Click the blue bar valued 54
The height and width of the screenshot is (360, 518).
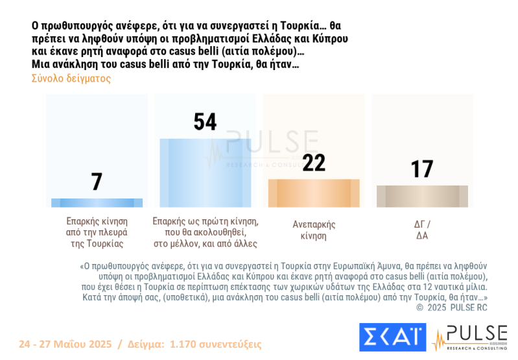pyautogui.click(x=205, y=173)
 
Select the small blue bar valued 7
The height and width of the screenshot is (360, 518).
pyautogui.click(x=97, y=202)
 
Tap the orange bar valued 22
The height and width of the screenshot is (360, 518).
pyautogui.click(x=314, y=193)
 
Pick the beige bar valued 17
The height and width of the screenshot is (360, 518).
pyautogui.click(x=422, y=196)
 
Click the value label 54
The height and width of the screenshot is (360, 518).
pyautogui.click(x=205, y=122)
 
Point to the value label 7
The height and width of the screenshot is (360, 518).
pyautogui.click(x=97, y=182)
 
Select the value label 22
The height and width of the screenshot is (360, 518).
pyautogui.click(x=314, y=163)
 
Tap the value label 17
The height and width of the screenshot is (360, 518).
pyautogui.click(x=422, y=169)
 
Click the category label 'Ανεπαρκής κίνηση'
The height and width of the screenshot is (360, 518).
pyautogui.click(x=314, y=230)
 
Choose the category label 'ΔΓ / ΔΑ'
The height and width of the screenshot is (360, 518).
pyautogui.click(x=422, y=230)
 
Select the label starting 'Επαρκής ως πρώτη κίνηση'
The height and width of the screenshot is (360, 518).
pyautogui.click(x=205, y=232)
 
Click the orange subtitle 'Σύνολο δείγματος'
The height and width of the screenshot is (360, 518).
pyautogui.click(x=71, y=78)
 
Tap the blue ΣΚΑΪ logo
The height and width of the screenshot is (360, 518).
pyautogui.click(x=392, y=337)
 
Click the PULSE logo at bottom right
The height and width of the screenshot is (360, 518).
pyautogui.click(x=471, y=337)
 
